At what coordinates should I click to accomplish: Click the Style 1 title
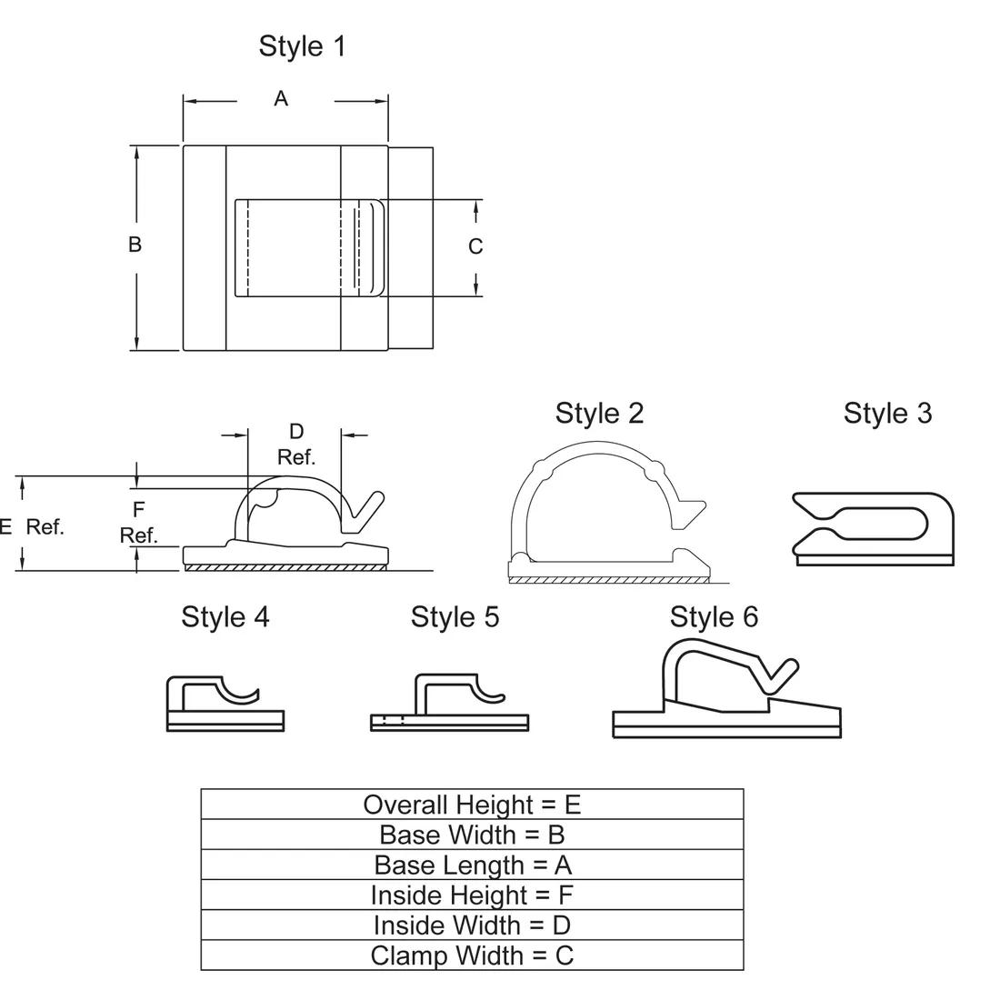pyautogui.click(x=303, y=46)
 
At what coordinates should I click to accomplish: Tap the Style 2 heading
pyautogui.click(x=599, y=414)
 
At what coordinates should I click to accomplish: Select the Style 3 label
pyautogui.click(x=888, y=414)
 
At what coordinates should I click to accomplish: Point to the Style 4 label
pyautogui.click(x=225, y=617)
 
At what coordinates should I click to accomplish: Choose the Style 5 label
pyautogui.click(x=455, y=617)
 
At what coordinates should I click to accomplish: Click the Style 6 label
pyautogui.click(x=714, y=617)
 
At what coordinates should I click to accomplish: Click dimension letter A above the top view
pyautogui.click(x=281, y=99)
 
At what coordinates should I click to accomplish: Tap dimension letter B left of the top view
pyautogui.click(x=135, y=245)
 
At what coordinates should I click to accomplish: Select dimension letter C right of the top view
pyautogui.click(x=475, y=246)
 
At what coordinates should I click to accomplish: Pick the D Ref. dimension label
pyautogui.click(x=296, y=445)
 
